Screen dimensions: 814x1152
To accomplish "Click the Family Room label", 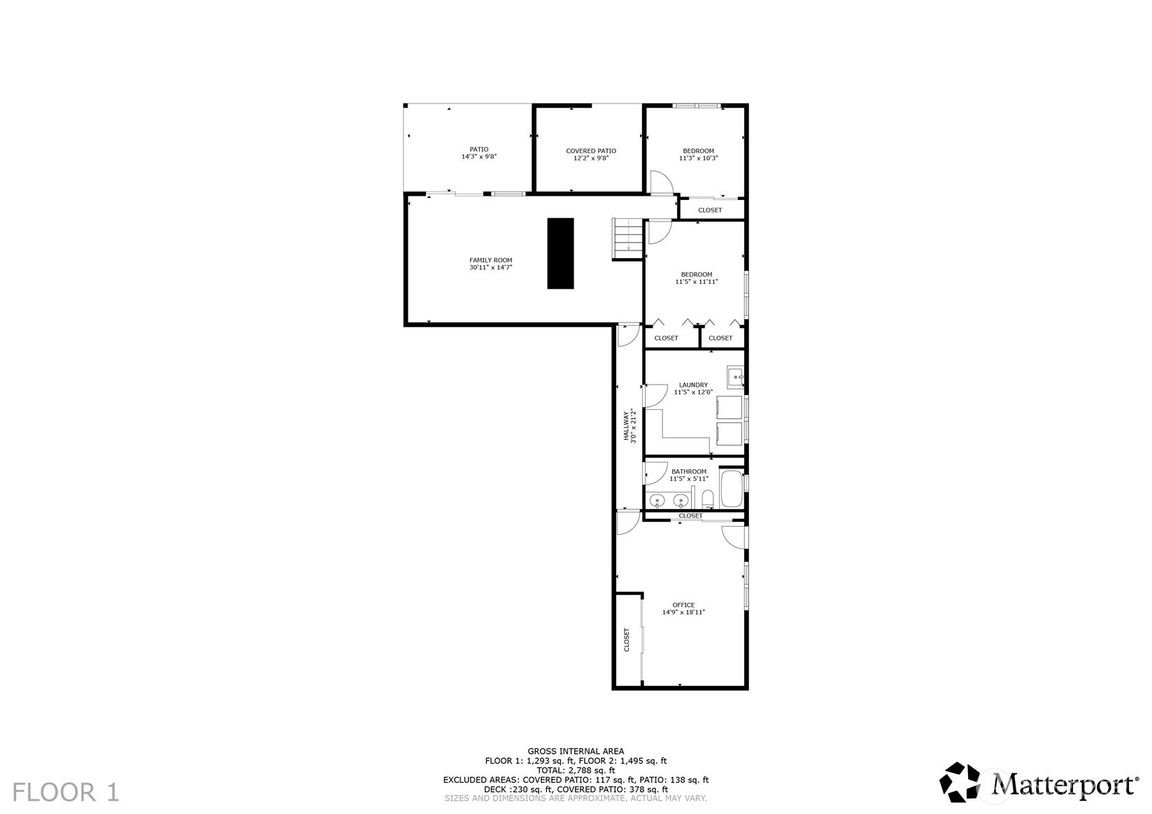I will click(490, 260).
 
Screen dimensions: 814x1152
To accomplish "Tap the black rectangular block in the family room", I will click(560, 253).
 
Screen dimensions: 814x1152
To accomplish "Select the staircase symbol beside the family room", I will click(628, 238).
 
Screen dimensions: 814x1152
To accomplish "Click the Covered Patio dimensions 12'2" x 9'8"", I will click(590, 159).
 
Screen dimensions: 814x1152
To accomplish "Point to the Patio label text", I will click(479, 149).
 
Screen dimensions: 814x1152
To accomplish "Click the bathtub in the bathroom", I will click(732, 489).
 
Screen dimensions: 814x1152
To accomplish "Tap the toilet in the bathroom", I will click(707, 499).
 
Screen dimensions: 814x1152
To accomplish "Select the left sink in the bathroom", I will click(657, 500).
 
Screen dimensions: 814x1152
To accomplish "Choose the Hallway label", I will click(627, 424).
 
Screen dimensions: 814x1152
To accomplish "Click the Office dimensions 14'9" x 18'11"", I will click(683, 613).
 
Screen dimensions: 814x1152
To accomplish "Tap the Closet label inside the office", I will click(627, 640).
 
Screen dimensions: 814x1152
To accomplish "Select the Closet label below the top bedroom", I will click(710, 210).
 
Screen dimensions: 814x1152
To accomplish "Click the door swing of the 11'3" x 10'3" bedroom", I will click(660, 183).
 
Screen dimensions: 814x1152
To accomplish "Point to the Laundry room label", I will click(693, 385).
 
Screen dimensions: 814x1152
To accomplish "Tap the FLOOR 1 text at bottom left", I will click(66, 792).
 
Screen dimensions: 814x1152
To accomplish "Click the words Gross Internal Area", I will click(576, 751).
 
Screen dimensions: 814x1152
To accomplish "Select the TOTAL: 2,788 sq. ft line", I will click(576, 770).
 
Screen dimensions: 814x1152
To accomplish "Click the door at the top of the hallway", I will click(628, 334).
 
